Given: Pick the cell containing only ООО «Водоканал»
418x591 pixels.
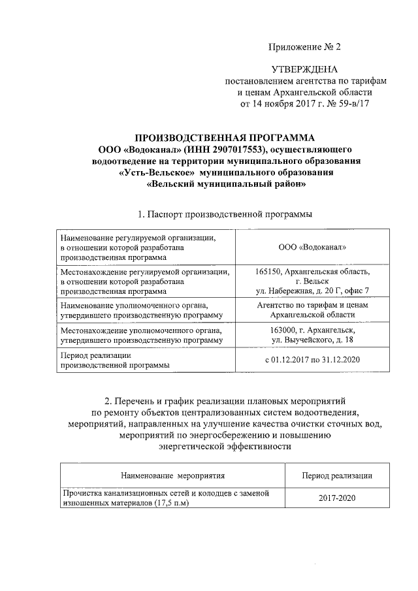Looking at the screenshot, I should (x=313, y=248).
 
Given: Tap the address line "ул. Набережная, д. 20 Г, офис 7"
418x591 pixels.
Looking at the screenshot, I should (x=313, y=290).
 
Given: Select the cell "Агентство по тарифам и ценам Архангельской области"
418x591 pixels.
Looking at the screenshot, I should (x=313, y=310).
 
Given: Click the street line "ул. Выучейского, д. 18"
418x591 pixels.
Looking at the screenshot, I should (x=313, y=340).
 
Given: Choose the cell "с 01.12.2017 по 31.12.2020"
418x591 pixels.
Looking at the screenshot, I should (x=313, y=360).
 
